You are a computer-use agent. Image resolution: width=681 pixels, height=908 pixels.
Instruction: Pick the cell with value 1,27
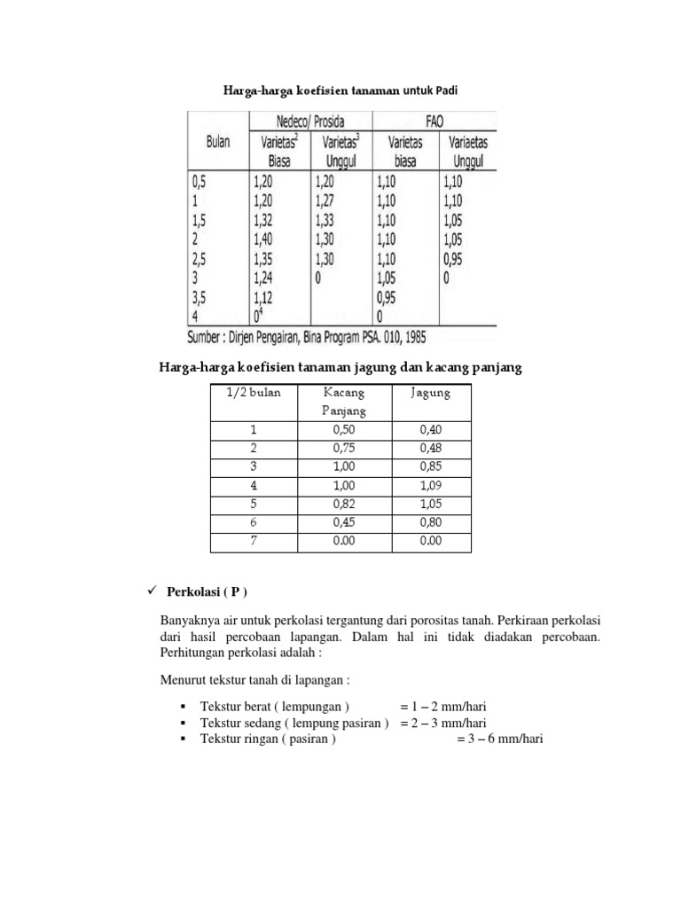326,201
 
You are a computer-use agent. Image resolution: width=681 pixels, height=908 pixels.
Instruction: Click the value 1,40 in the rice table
266,239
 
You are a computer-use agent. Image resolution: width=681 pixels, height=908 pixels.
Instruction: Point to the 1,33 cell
326,221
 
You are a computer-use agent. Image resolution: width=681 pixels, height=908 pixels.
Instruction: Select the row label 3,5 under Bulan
200,298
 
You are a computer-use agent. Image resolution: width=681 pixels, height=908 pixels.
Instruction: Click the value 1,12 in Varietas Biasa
266,298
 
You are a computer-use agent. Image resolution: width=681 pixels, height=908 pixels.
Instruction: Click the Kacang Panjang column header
343,402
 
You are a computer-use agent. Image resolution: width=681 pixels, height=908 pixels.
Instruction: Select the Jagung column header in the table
430,393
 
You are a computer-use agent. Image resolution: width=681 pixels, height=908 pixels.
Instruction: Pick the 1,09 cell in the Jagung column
430,485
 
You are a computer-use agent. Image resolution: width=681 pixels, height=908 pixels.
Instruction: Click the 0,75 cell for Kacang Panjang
343,448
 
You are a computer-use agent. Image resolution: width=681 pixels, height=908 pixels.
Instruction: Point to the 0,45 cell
343,522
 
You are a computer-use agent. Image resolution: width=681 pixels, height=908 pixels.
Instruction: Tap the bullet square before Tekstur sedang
182,723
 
